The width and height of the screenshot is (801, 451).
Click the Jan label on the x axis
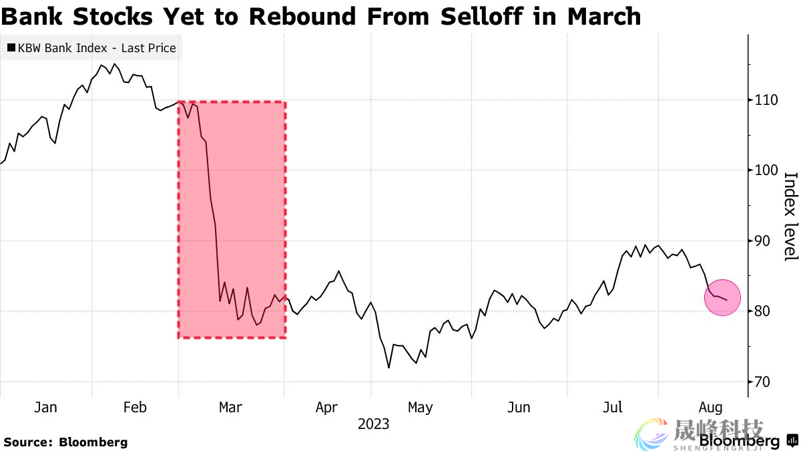[45, 407]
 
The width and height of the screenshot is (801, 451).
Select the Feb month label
[135, 407]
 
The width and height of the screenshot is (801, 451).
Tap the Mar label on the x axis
[231, 407]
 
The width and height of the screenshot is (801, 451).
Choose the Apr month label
[326, 407]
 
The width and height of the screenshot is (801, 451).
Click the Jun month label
[519, 407]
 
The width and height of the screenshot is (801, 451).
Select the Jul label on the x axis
[612, 407]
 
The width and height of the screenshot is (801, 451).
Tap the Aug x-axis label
[710, 407]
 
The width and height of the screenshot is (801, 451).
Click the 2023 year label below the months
[373, 424]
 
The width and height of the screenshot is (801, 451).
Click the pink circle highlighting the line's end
[722, 297]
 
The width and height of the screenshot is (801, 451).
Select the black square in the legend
[11, 48]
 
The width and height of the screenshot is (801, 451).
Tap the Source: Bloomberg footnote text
[65, 442]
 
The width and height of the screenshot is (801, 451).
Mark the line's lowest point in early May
[388, 367]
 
